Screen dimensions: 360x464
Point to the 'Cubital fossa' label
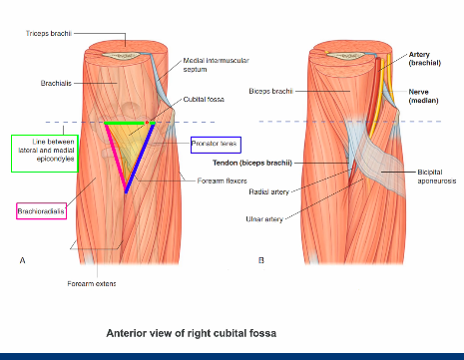click(x=205, y=100)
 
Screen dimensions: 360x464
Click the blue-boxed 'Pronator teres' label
click(x=217, y=144)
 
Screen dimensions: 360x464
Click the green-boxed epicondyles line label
click(x=44, y=153)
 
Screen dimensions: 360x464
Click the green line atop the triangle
click(x=126, y=123)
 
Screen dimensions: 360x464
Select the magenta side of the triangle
click(x=116, y=158)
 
